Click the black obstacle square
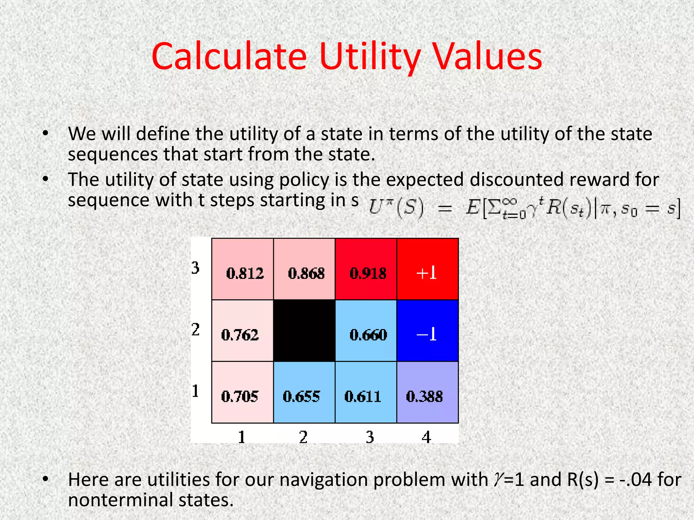coord(304,331)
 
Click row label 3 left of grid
coord(196,268)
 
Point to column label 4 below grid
coord(426,437)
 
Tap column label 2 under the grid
coord(303,437)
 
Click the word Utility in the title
coord(370,57)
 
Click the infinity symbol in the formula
coord(510,202)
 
